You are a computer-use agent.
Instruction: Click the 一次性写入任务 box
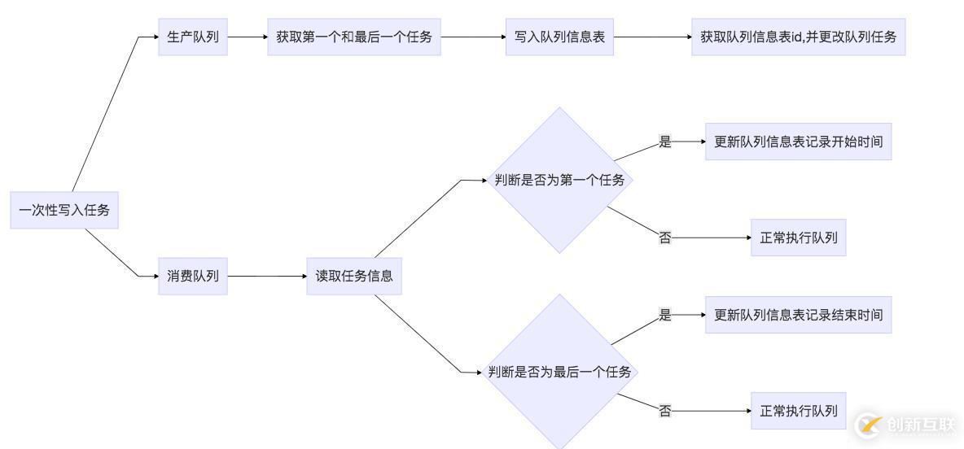[x=64, y=211]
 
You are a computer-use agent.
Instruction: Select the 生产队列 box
[x=193, y=37]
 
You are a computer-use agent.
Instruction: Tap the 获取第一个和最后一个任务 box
[x=353, y=37]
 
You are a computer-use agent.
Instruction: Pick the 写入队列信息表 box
[x=559, y=37]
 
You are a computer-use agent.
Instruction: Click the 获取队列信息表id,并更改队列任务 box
[x=798, y=37]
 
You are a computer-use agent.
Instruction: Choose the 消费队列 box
[x=193, y=276]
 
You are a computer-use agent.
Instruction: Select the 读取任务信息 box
[x=354, y=276]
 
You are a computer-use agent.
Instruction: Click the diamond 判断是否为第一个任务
[x=559, y=180]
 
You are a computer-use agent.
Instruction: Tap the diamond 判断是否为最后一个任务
[x=559, y=372]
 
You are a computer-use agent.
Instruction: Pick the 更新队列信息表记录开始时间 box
[x=798, y=142]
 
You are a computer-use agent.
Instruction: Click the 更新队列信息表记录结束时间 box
[x=798, y=314]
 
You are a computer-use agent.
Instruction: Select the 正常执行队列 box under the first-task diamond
[x=798, y=238]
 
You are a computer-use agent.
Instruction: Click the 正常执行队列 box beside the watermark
[x=798, y=411]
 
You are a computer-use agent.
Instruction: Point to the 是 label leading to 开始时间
[x=665, y=142]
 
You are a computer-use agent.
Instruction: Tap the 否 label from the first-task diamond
[x=665, y=238]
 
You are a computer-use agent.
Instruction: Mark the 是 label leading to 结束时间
[x=665, y=315]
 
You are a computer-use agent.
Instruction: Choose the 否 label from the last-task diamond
[x=665, y=412]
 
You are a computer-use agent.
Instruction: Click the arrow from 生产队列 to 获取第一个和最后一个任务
[x=247, y=37]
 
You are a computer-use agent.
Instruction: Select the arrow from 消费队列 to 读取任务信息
[x=266, y=276]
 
